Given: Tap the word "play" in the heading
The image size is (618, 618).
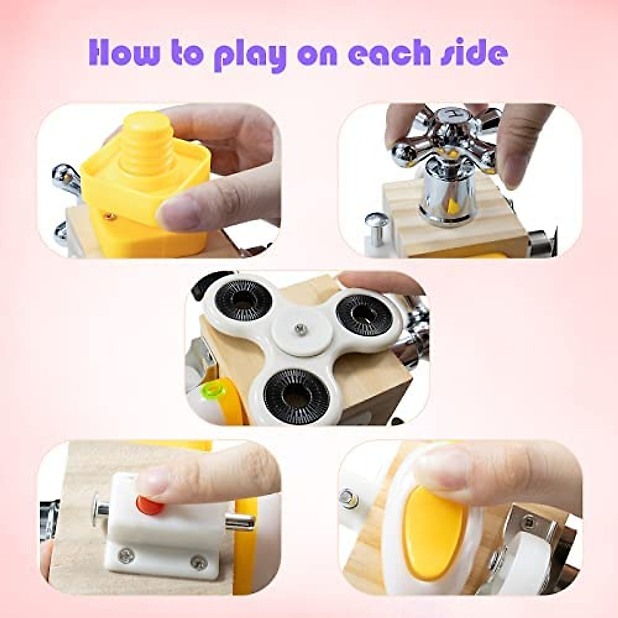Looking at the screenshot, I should (x=250, y=57).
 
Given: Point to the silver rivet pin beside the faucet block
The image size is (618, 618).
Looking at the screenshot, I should (x=375, y=226).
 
